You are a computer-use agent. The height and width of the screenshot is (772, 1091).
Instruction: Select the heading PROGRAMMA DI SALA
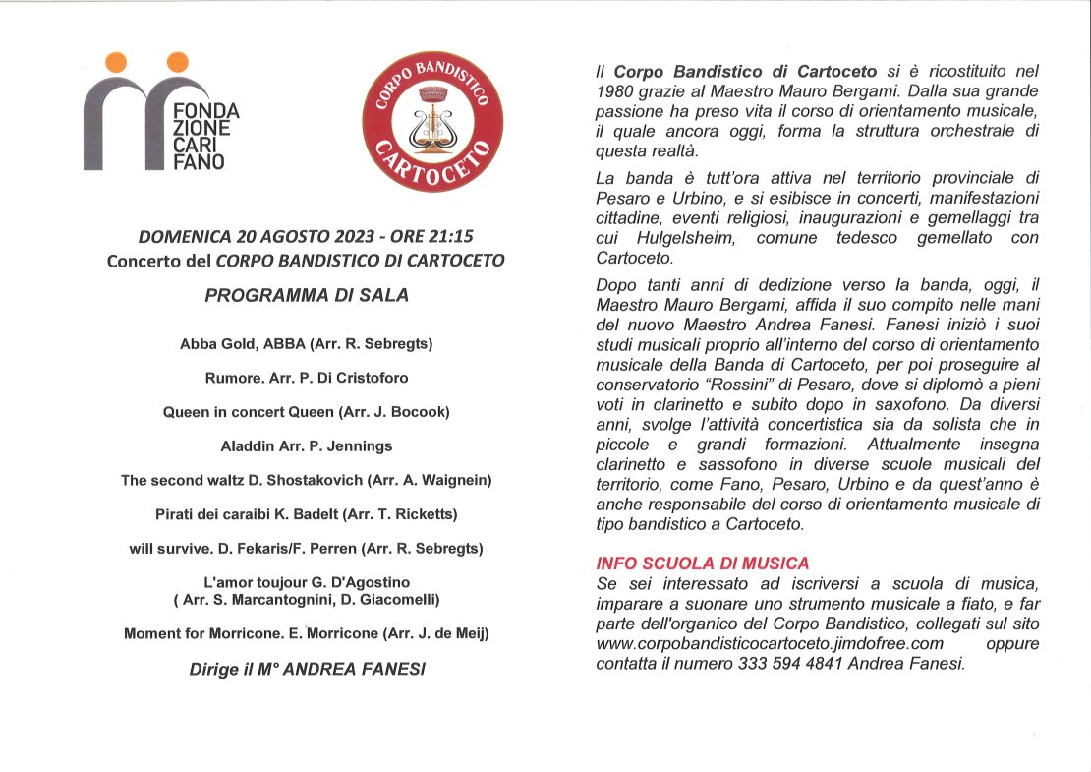[x=307, y=294]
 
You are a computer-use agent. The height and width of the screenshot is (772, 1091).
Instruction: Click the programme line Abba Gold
[x=307, y=344]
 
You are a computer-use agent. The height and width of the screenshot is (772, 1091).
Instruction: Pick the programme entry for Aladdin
[x=307, y=445]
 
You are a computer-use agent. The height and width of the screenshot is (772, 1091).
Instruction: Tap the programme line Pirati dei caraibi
[x=307, y=513]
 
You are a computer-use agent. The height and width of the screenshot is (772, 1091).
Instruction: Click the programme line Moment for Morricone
[x=307, y=633]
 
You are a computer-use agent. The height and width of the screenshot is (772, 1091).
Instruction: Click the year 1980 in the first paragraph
[x=617, y=92]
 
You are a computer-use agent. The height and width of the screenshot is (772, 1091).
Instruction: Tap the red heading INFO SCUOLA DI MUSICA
[x=703, y=564]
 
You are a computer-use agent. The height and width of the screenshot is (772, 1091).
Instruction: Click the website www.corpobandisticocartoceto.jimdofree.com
[x=770, y=643]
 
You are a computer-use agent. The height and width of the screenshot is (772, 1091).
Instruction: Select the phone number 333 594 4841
[x=817, y=663]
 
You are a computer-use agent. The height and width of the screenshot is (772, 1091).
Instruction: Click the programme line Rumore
[x=307, y=378]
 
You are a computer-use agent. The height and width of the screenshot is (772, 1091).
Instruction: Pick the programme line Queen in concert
[x=307, y=412]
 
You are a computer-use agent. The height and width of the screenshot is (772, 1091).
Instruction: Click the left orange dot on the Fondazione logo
[x=116, y=62]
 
